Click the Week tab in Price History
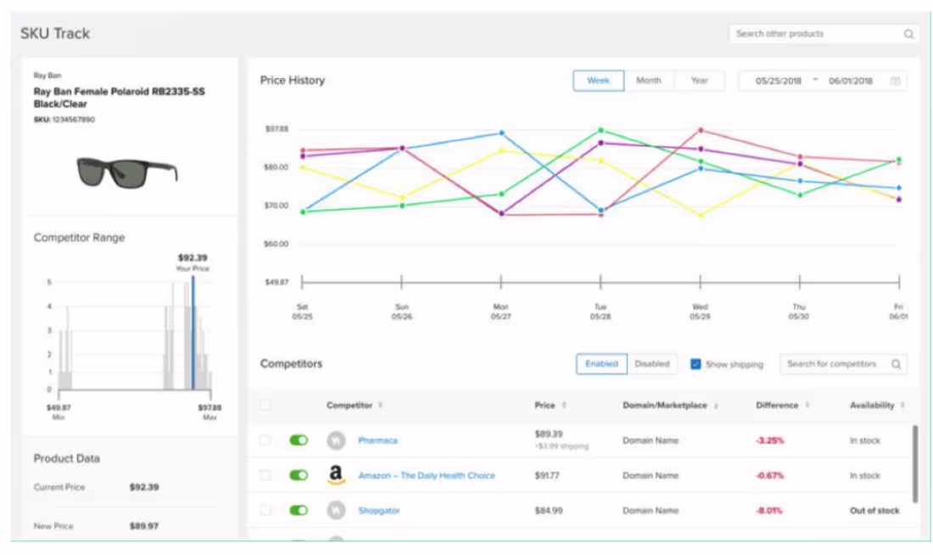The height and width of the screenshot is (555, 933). click(599, 81)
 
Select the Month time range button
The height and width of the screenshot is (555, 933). click(648, 81)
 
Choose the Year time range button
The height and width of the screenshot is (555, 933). click(699, 81)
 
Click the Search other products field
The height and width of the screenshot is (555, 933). click(814, 34)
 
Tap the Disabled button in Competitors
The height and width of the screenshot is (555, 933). click(651, 364)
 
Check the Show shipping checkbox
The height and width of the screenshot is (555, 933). click(696, 364)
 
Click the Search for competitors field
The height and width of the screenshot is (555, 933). click(835, 364)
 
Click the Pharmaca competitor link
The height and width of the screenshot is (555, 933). click(377, 440)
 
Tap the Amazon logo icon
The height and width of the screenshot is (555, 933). click(337, 475)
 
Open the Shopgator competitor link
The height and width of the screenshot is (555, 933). click(378, 511)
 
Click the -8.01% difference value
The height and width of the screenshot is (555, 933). click(769, 511)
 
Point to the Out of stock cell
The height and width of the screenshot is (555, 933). click(874, 511)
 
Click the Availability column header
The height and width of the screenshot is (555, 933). click(874, 406)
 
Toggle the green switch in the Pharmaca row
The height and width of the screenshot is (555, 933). click(299, 440)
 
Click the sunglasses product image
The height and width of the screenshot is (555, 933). click(127, 172)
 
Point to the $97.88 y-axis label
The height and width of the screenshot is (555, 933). click(277, 129)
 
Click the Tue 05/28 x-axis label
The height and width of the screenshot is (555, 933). click(601, 311)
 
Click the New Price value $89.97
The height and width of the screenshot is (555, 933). click(144, 526)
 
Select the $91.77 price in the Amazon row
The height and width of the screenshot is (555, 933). click(547, 475)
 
